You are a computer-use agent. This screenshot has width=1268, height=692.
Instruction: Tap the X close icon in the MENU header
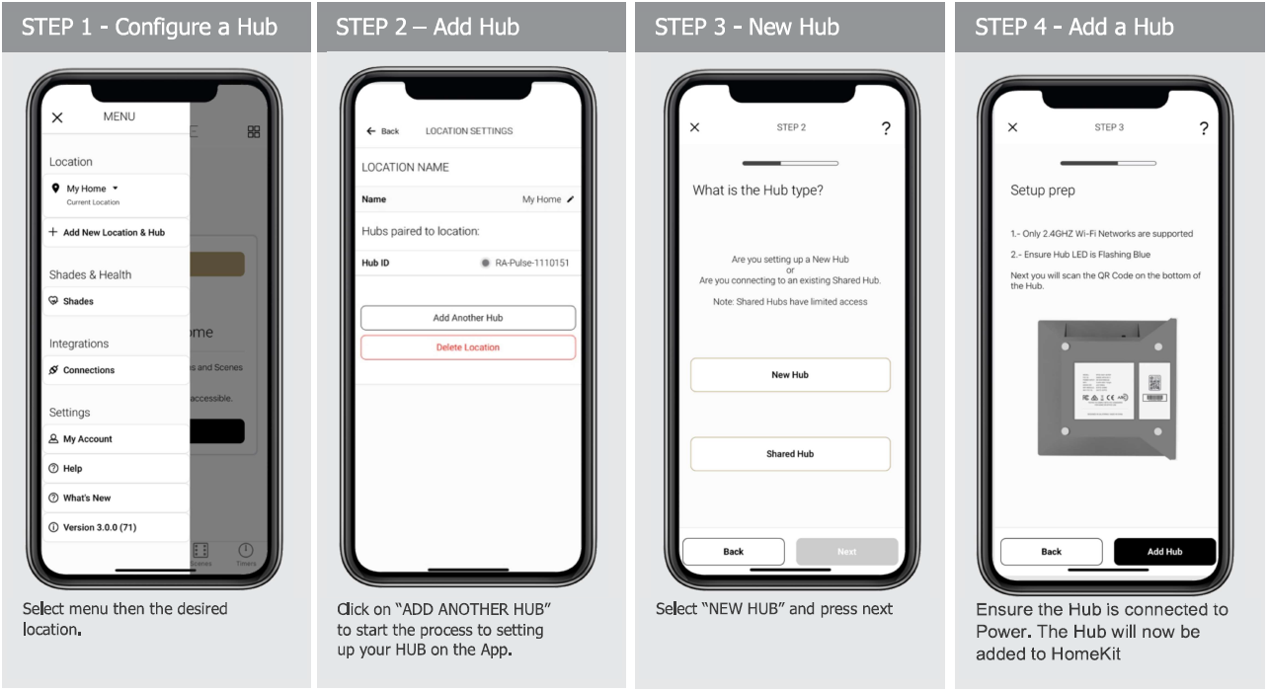tap(57, 117)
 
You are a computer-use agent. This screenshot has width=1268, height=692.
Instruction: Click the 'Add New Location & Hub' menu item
tap(114, 233)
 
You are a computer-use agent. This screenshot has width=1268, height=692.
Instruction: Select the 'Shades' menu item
tap(78, 302)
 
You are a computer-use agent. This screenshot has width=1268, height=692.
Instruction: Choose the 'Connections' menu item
tap(88, 370)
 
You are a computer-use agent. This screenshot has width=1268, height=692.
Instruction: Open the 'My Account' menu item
tap(87, 439)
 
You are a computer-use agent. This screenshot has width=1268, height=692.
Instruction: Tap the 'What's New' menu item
tap(86, 499)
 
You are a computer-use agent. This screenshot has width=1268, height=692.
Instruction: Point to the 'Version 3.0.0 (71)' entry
tap(99, 528)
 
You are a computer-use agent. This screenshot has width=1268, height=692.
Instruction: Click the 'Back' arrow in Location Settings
tap(382, 131)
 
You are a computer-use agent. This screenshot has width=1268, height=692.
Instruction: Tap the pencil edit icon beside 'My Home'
tap(571, 199)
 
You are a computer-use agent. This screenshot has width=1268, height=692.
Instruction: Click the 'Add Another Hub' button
tap(467, 318)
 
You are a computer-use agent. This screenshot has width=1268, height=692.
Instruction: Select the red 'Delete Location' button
tap(467, 347)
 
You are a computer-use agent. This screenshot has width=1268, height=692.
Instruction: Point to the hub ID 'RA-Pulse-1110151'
tap(531, 264)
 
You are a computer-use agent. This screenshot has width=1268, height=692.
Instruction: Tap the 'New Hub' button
tap(790, 375)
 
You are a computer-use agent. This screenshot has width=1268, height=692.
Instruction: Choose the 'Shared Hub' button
tap(790, 454)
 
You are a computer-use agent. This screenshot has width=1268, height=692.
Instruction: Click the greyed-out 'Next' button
tap(846, 552)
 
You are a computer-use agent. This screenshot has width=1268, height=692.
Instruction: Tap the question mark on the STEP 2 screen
tap(886, 129)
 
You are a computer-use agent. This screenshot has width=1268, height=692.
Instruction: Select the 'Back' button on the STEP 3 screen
tap(1051, 552)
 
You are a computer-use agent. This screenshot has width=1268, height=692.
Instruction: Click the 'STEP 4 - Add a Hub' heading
tap(1073, 27)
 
